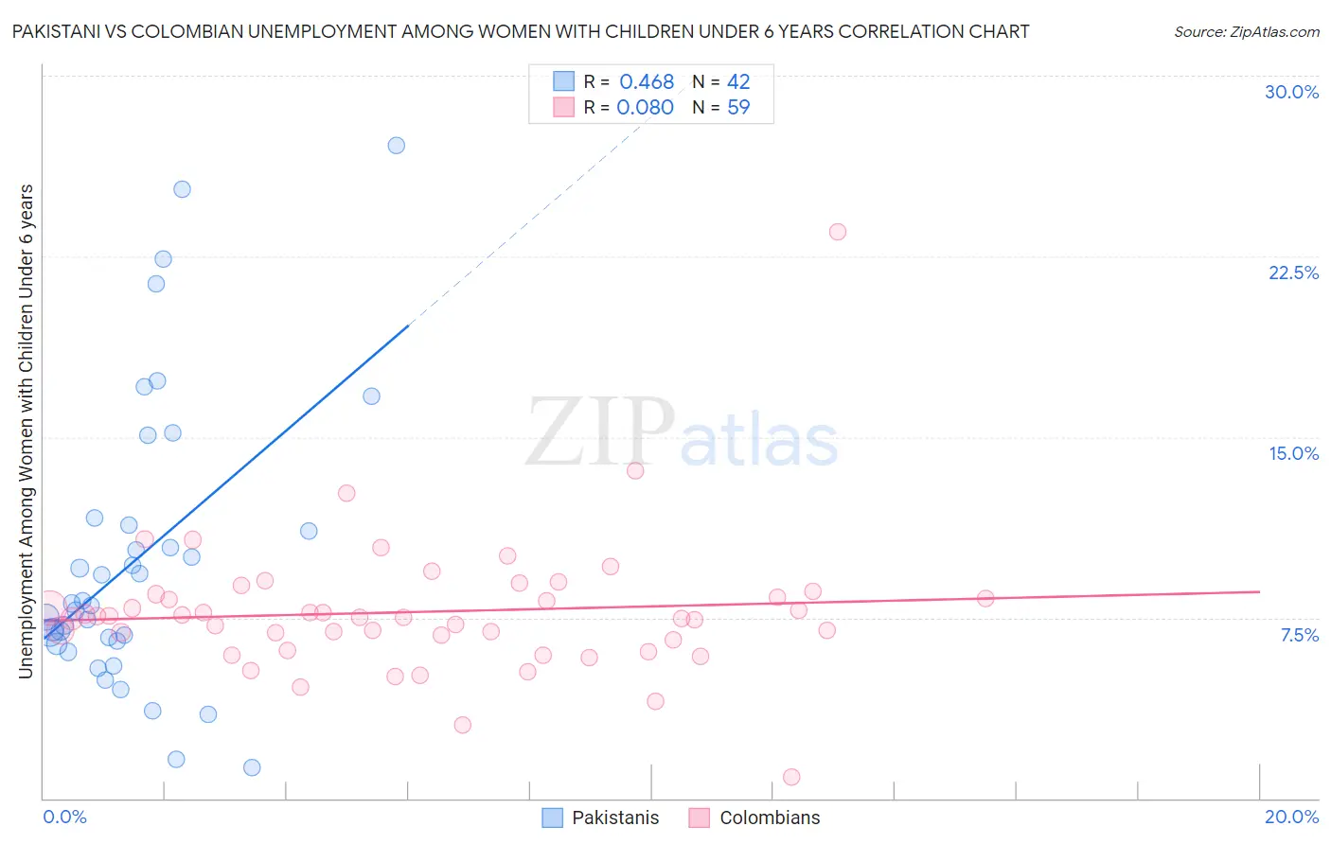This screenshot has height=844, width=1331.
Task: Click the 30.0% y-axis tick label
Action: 1291,92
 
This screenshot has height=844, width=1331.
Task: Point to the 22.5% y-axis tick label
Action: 1293,273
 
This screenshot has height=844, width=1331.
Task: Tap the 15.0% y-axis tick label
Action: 1293,453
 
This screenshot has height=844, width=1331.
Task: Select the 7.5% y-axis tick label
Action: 1299,635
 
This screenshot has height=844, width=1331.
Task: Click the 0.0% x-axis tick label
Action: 64,817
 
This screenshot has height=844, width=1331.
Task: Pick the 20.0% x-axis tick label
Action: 1291,817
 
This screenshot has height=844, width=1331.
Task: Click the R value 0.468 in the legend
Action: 647,82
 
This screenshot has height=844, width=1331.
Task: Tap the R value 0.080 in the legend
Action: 645,108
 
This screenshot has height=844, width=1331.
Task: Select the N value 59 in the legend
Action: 738,108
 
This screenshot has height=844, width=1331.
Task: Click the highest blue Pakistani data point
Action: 397,146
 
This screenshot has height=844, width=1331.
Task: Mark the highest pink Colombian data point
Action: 838,232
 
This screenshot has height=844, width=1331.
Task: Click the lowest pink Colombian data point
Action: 791,777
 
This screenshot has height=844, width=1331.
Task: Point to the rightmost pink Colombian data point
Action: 985,598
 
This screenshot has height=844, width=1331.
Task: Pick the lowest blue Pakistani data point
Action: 252,767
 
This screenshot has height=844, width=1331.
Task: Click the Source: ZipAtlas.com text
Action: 1246,32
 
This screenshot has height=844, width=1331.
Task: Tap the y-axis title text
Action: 27,431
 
